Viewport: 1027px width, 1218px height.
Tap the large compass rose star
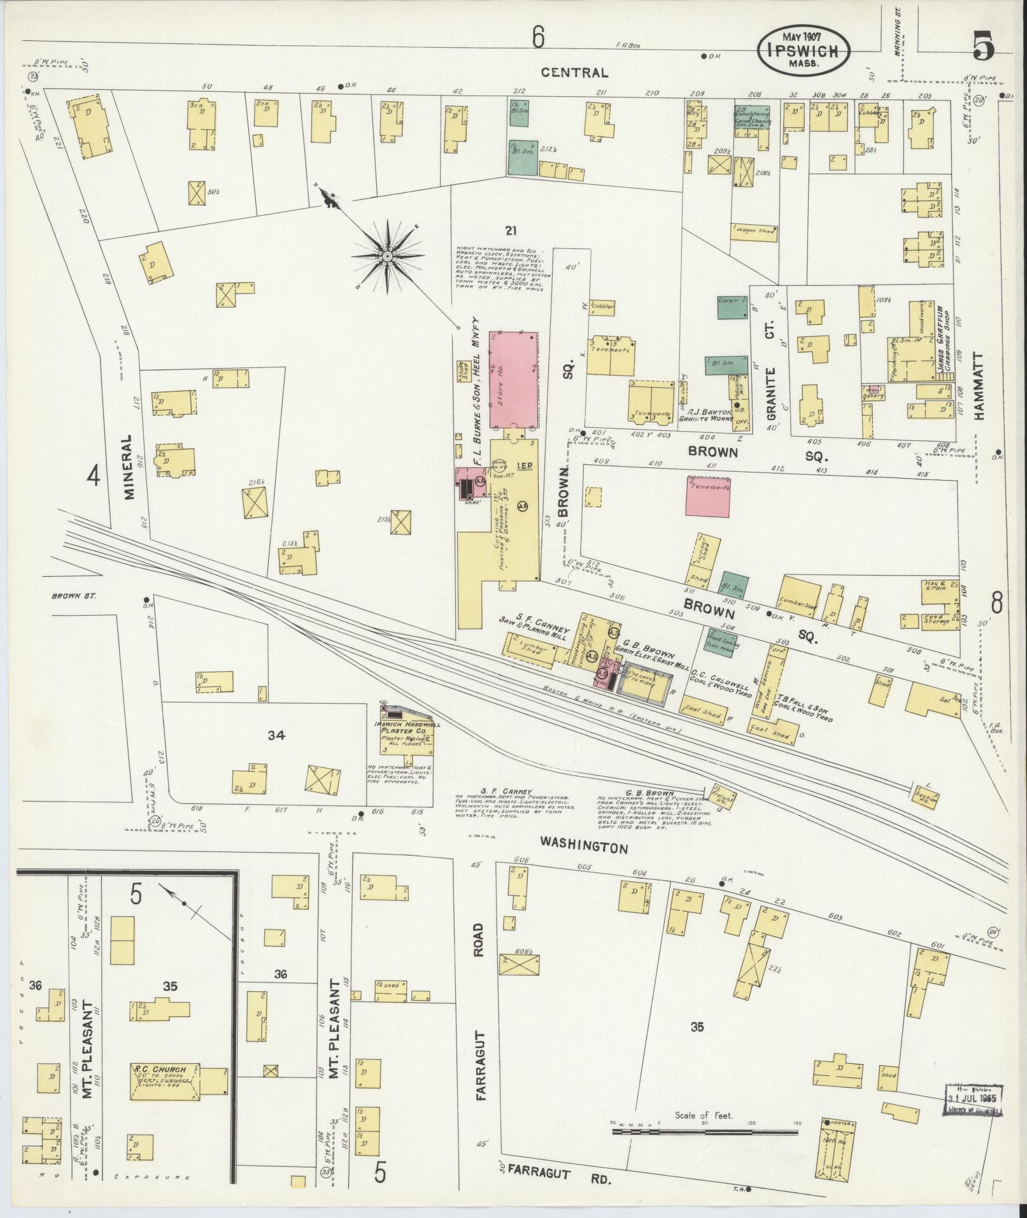point(386,256)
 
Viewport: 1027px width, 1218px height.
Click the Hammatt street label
point(979,386)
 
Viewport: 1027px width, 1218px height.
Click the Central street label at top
point(574,73)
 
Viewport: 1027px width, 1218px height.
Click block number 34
point(276,736)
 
